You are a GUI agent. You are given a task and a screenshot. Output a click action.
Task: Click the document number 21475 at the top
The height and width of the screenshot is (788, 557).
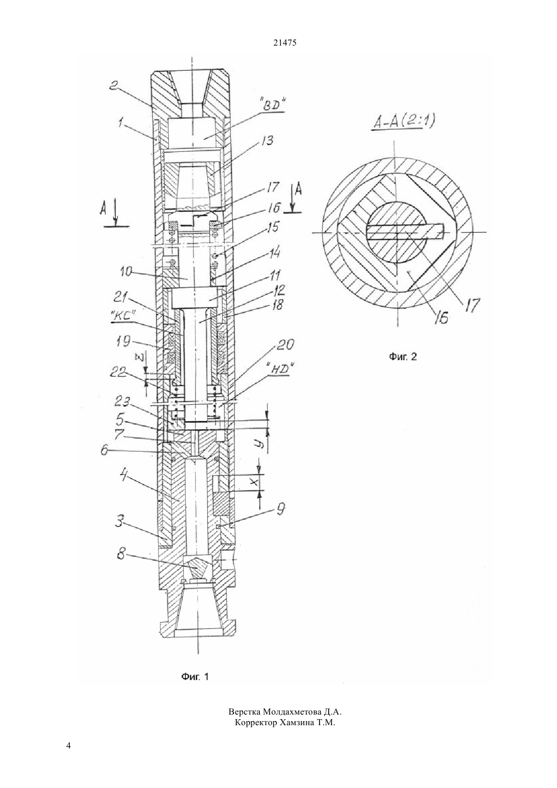pos(285,43)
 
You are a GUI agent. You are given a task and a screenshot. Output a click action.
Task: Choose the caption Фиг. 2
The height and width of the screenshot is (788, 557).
pos(403,357)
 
